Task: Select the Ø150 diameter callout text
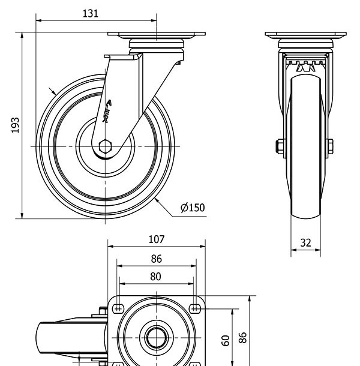click(193, 208)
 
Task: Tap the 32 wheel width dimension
click(306, 243)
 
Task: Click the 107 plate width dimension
click(156, 239)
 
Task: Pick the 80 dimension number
click(156, 277)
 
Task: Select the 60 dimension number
click(226, 341)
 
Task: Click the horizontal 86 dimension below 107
click(156, 259)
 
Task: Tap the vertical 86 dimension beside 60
click(243, 337)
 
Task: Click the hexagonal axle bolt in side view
click(106, 146)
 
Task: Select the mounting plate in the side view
click(157, 35)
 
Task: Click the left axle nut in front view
click(280, 146)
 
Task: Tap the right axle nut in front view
click(330, 146)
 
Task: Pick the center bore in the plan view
click(156, 338)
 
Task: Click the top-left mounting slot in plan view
click(118, 308)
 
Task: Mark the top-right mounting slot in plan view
click(194, 308)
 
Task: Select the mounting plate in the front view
click(305, 35)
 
